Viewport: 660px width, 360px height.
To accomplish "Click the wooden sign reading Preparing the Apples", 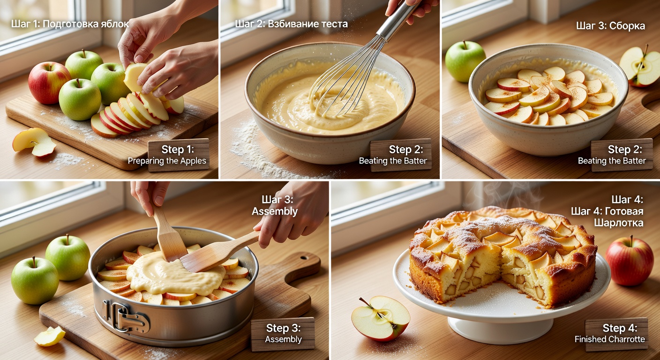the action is pos(179,155).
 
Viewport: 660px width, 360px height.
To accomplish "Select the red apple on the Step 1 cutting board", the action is pos(49,83).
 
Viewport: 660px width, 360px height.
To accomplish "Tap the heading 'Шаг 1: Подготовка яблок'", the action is pos(70,24).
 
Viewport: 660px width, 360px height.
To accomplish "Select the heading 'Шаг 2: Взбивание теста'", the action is pos(292,24).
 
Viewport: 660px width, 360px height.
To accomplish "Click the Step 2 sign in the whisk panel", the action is pos(401,155).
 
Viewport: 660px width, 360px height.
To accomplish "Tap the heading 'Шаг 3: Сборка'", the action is pos(610,26).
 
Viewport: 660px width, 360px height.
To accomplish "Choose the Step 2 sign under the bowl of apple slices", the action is pos(622,155).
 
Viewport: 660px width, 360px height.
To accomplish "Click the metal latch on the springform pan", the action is pos(125,316).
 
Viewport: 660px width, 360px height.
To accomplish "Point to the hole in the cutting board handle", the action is pos(304,258).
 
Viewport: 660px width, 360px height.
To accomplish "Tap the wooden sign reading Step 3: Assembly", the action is pos(283,334).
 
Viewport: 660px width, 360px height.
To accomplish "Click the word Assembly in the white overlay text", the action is pos(275,211).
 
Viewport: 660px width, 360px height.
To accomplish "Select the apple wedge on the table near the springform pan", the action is pos(50,336).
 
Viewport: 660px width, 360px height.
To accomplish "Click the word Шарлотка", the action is pos(618,223).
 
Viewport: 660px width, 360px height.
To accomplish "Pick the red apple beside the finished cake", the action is pos(630,261).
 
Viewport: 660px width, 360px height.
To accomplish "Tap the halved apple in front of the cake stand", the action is pos(380,318).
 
